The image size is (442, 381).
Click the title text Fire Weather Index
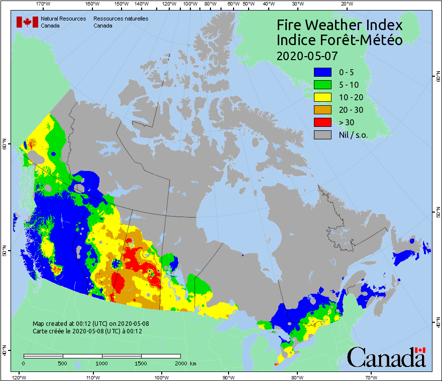tap(340, 25)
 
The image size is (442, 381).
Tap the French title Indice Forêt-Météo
tap(340, 40)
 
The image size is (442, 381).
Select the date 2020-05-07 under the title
tap(307, 55)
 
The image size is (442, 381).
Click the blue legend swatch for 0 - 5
tap(322, 72)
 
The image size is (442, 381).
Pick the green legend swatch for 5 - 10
tap(322, 85)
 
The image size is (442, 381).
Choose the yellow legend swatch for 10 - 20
tap(322, 97)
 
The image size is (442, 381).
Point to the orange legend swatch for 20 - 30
tap(322, 110)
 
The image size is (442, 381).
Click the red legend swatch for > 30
tap(322, 122)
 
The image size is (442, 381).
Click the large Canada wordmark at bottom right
tap(386, 357)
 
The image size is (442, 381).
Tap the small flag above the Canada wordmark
tap(420, 349)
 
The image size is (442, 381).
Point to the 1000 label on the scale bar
tap(102, 363)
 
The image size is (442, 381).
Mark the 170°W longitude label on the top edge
tap(44, 4)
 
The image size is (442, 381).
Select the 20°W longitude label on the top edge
tap(346, 4)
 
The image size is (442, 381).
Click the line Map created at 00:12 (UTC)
tap(91, 324)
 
